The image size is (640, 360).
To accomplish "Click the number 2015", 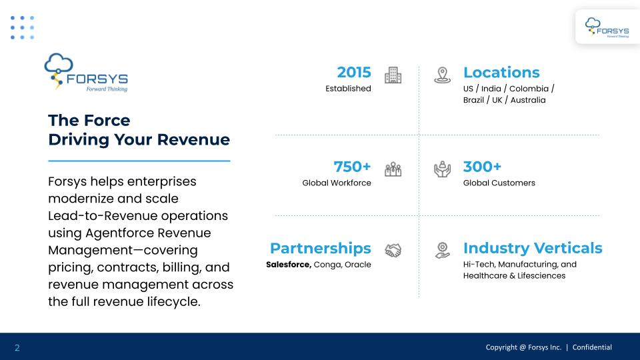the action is [354, 72].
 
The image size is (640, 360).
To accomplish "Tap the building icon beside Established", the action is [393, 75].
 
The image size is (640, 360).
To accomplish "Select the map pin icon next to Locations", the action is [442, 75].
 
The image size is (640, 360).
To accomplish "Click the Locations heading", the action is [501, 72].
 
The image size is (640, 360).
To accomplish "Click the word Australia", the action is [528, 100].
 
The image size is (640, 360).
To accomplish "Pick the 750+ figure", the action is [352, 167].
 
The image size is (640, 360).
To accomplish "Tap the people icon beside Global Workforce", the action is [393, 169].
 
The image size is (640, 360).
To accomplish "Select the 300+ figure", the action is [482, 167].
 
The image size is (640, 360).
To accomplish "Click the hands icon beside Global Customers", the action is [442, 169].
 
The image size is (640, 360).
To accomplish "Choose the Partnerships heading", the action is [321, 248].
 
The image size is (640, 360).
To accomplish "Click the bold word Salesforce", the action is [289, 265].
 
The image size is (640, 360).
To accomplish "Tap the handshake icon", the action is [393, 250].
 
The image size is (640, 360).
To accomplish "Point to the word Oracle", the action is [357, 265].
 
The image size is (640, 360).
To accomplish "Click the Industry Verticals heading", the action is [533, 248].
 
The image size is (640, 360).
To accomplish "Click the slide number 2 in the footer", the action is [17, 348].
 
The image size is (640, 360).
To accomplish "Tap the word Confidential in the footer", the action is [592, 347].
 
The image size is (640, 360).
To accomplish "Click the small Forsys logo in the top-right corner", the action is [607, 27].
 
